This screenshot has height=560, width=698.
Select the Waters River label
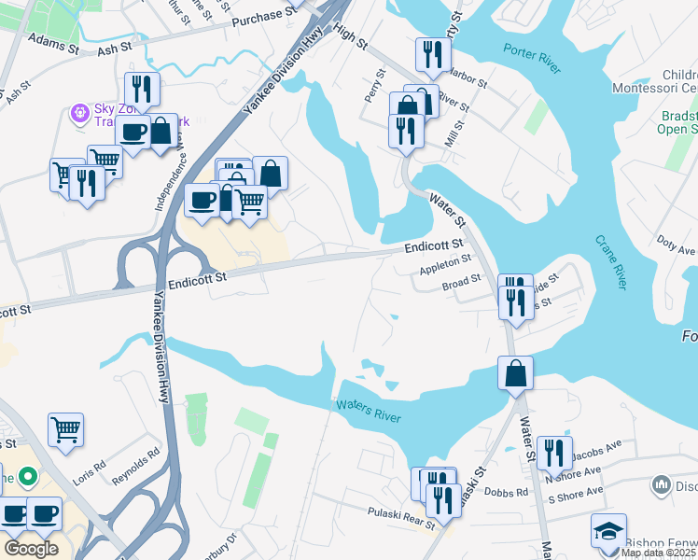368,410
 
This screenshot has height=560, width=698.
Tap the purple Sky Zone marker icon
80,113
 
